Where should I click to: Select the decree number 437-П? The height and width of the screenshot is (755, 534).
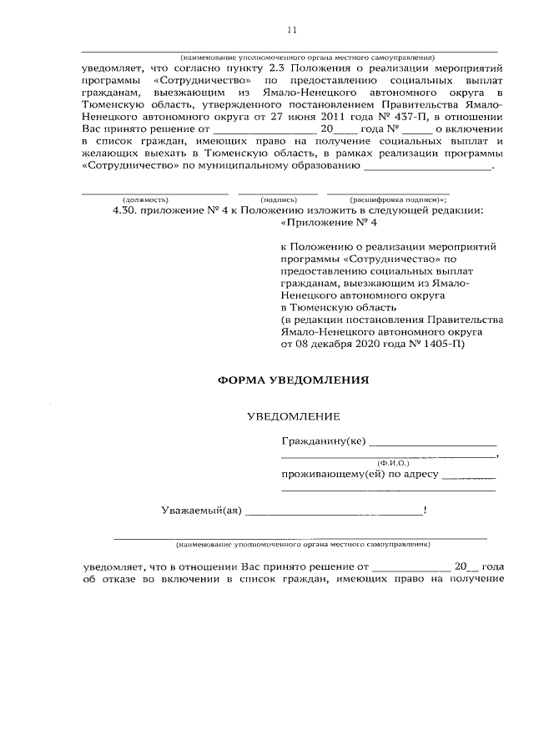(x=389, y=118)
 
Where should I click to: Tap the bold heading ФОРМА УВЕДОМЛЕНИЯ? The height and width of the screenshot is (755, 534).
(x=292, y=379)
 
